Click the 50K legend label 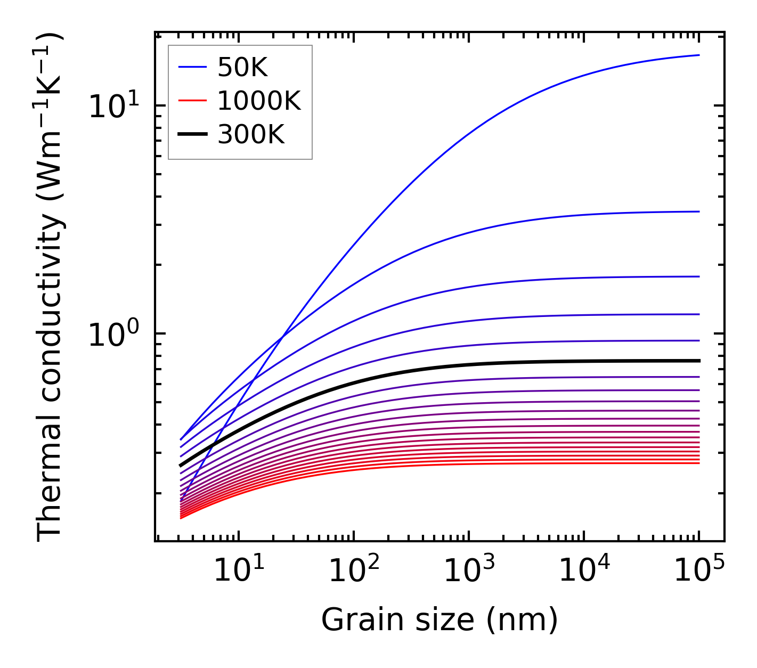pyautogui.click(x=242, y=67)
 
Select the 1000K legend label pyautogui.click(x=259, y=101)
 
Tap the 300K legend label pyautogui.click(x=251, y=135)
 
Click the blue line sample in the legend pyautogui.click(x=192, y=67)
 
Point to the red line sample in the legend pyautogui.click(x=192, y=101)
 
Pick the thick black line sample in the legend pyautogui.click(x=192, y=135)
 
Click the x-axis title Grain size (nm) pyautogui.click(x=439, y=620)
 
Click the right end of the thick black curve pyautogui.click(x=698, y=361)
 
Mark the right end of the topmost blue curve pyautogui.click(x=698, y=55)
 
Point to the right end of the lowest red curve pyautogui.click(x=698, y=463)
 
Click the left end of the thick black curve pyautogui.click(x=181, y=466)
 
